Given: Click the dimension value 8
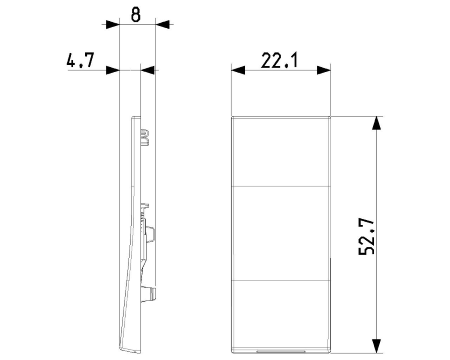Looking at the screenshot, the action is point(136,15).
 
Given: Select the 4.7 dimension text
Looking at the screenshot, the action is point(81,60).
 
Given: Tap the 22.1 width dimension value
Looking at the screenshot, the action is point(279,61).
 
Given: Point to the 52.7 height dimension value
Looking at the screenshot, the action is point(367,236).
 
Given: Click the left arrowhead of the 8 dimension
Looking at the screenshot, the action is point(113,24).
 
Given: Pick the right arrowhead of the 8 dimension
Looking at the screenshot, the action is point(162,24).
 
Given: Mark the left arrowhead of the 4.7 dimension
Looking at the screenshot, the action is point(113,70).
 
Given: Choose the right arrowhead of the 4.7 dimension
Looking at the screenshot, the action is point(148,70).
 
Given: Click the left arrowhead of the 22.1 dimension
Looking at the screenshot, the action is point(238,70).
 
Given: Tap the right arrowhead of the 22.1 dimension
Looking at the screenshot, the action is point(324,70).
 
